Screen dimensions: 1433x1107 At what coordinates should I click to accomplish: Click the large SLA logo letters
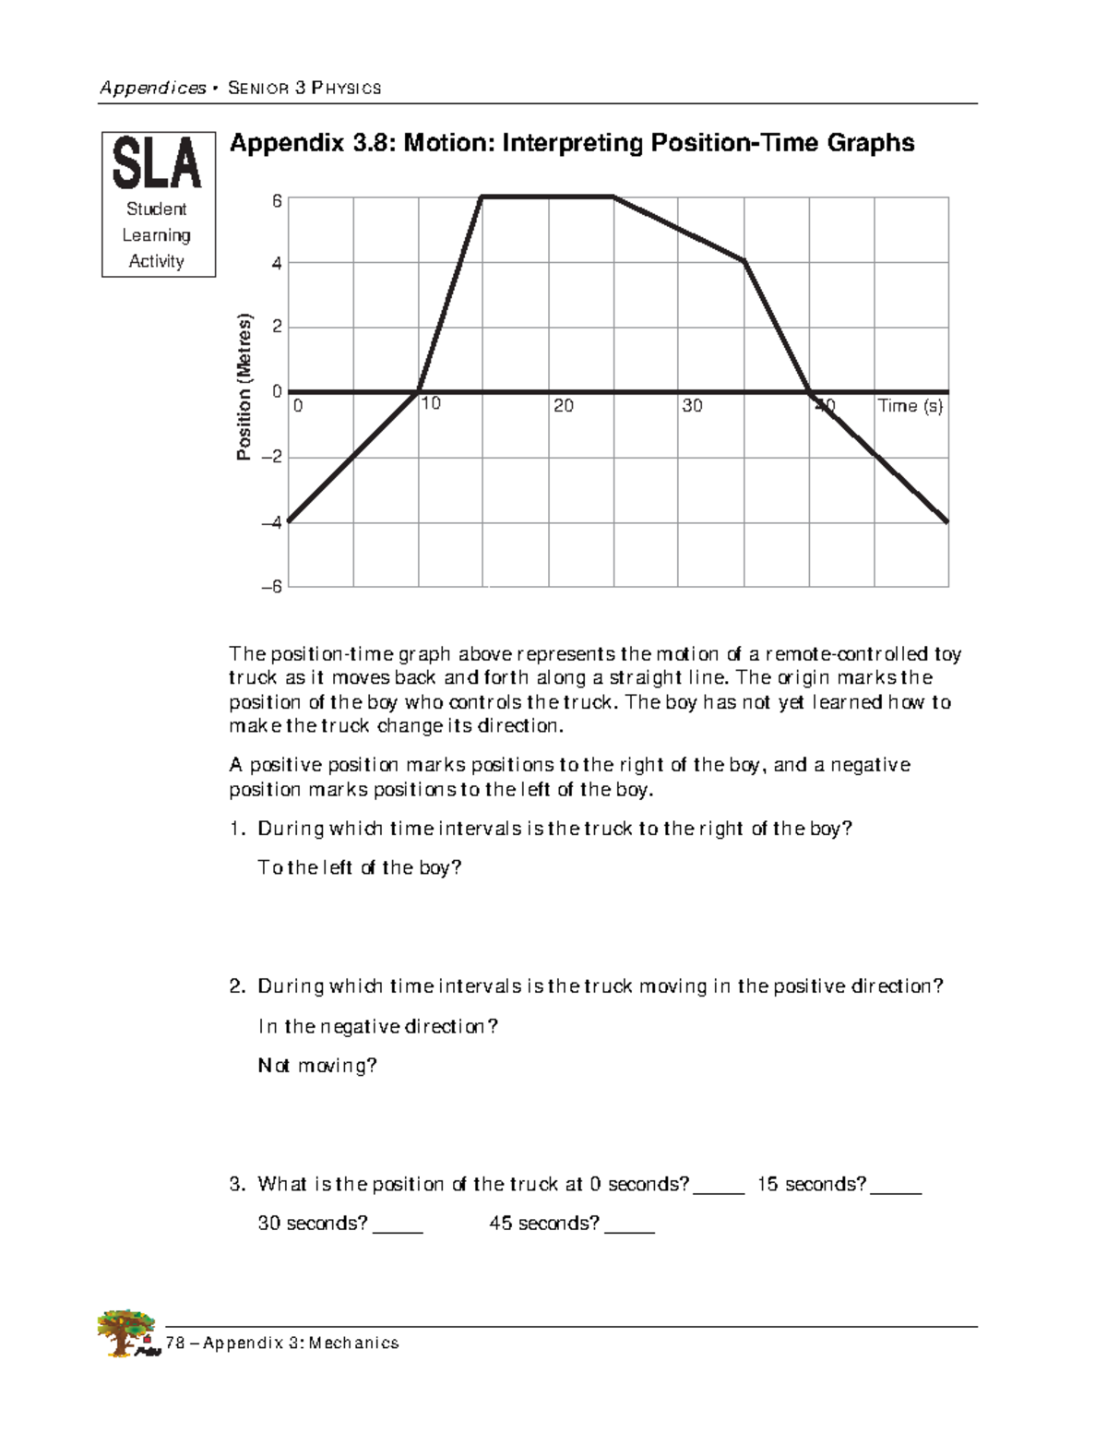157,164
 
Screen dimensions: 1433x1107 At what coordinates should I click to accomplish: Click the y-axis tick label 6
277,201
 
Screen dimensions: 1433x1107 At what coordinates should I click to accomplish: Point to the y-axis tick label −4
271,522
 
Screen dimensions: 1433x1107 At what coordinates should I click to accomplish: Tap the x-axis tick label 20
563,406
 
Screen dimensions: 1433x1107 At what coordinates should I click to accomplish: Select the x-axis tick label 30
692,406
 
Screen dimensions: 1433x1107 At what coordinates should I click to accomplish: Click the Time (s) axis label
910,406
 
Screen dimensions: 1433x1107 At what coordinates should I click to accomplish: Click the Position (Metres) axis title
244,388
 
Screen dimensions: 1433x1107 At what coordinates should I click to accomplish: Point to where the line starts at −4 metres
289,521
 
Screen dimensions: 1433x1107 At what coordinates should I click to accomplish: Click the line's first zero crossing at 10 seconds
418,392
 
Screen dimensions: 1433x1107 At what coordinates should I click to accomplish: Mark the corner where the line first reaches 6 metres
482,197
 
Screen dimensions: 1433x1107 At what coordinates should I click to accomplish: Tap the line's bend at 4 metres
744,262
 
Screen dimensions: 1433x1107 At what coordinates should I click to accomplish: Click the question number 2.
236,986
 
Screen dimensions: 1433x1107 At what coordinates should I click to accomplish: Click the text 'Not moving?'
317,1066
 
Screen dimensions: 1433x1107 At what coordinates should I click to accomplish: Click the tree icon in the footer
126,1332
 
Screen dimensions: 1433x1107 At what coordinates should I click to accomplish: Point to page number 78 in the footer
175,1343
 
